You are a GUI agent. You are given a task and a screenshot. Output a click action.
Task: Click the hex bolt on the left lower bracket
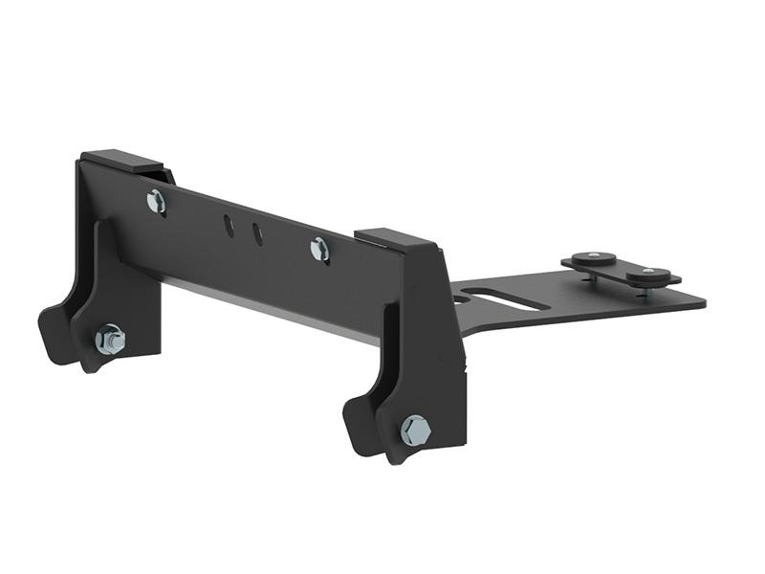click(110, 339)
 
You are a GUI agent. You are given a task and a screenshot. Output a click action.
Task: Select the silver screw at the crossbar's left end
click(156, 201)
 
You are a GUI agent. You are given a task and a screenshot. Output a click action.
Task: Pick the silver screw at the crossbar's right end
click(319, 250)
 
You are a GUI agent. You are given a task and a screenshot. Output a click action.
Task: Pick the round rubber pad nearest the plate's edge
click(650, 276)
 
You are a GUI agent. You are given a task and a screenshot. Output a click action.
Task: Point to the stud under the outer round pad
click(651, 290)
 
